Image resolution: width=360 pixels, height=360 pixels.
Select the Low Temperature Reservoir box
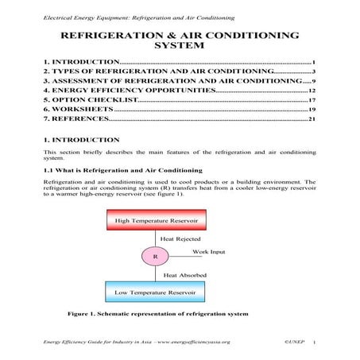tap(156, 292)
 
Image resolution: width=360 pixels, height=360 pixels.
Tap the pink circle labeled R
tap(156, 257)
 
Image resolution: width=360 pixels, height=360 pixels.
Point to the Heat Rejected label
tap(180, 238)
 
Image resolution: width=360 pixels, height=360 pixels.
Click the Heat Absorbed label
tap(182, 275)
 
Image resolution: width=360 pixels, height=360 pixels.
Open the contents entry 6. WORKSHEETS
tap(79, 110)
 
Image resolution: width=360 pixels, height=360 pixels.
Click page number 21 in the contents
tap(312, 121)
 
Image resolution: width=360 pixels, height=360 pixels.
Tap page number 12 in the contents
tap(312, 91)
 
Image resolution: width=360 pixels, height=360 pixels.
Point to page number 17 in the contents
tap(312, 101)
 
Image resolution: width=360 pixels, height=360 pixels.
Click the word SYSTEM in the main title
tap(180, 45)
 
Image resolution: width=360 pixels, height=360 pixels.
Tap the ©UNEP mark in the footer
tap(294, 341)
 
